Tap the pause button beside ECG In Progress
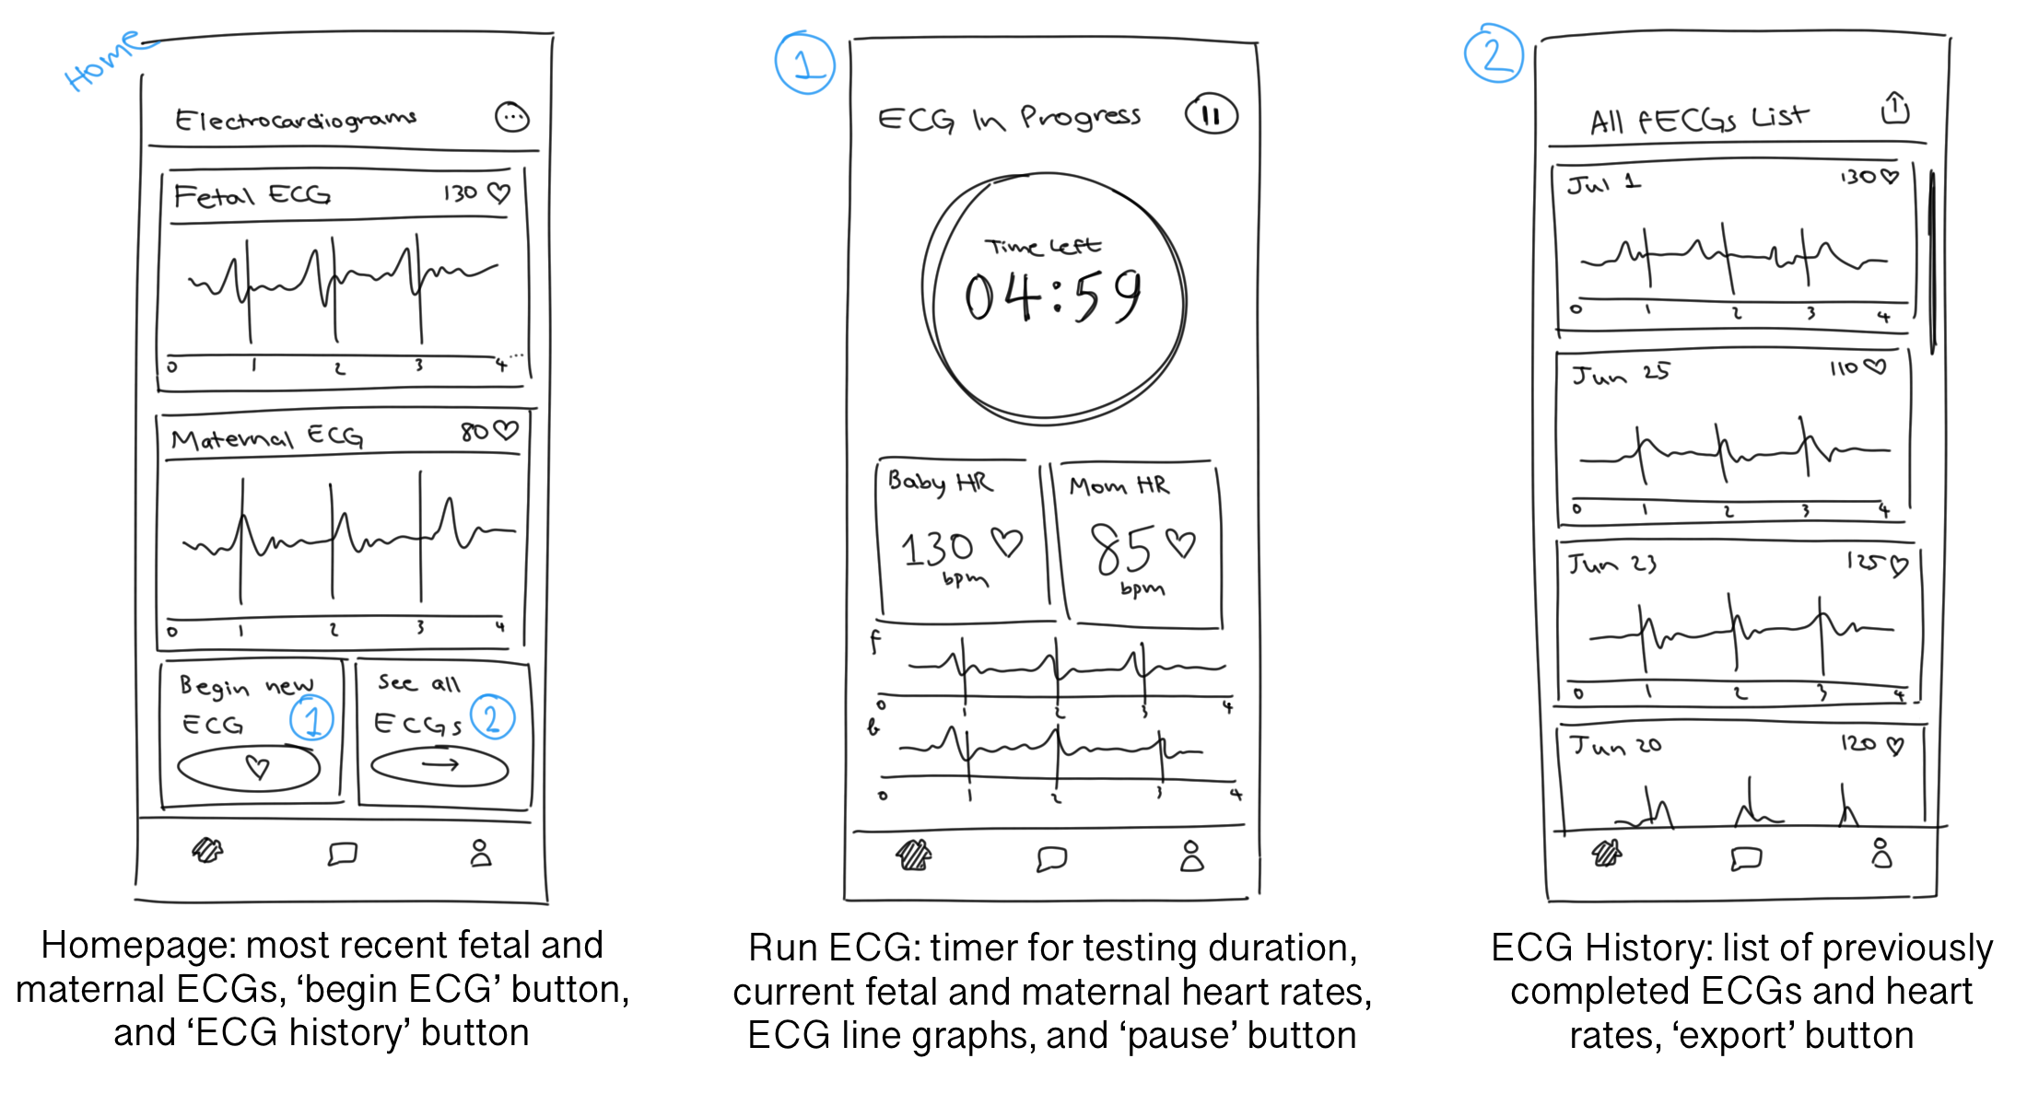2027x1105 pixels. pyautogui.click(x=1211, y=115)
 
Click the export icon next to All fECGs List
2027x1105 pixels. pyautogui.click(x=1894, y=109)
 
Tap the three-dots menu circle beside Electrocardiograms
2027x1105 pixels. pyautogui.click(x=512, y=117)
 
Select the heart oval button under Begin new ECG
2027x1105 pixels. pyautogui.click(x=249, y=768)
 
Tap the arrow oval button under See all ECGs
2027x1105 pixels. pyautogui.click(x=439, y=765)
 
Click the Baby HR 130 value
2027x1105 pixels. pyautogui.click(x=937, y=549)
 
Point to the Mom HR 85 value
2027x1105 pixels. pyautogui.click(x=1121, y=549)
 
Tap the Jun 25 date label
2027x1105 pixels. pyautogui.click(x=1620, y=374)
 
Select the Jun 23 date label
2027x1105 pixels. pyautogui.click(x=1612, y=564)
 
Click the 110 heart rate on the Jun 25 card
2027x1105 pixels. pyautogui.click(x=1844, y=368)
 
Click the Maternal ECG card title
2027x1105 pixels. pyautogui.click(x=267, y=437)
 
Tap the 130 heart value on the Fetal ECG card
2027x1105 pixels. pyautogui.click(x=461, y=193)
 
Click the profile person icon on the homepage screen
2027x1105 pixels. pyautogui.click(x=480, y=853)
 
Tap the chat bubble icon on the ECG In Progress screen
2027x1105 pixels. pyautogui.click(x=1051, y=858)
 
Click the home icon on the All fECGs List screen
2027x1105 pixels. pyautogui.click(x=1606, y=854)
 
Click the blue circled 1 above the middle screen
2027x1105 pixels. pyautogui.click(x=804, y=64)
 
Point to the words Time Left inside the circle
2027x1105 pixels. pyautogui.click(x=1042, y=247)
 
